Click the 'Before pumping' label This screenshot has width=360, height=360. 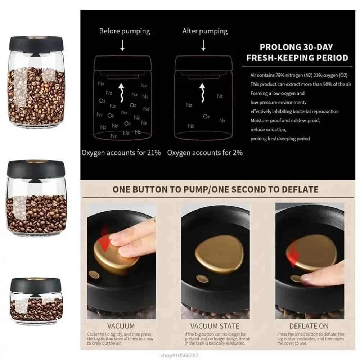[x=124, y=31]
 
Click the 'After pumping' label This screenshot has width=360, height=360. [x=204, y=31]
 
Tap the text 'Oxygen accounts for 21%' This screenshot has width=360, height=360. [x=121, y=153]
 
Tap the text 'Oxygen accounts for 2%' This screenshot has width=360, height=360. [x=204, y=153]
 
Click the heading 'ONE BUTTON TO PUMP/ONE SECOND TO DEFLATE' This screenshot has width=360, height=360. [x=215, y=189]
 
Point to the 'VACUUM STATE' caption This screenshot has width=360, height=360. [x=215, y=326]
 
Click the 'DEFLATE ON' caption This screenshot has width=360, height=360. [x=309, y=326]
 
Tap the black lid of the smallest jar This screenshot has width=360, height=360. [x=36, y=284]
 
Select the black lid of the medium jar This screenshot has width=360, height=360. [x=36, y=168]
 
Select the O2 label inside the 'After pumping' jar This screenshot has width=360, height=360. [x=206, y=116]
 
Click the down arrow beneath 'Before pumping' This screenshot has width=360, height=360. [x=122, y=46]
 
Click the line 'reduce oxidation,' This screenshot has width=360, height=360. [x=268, y=130]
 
